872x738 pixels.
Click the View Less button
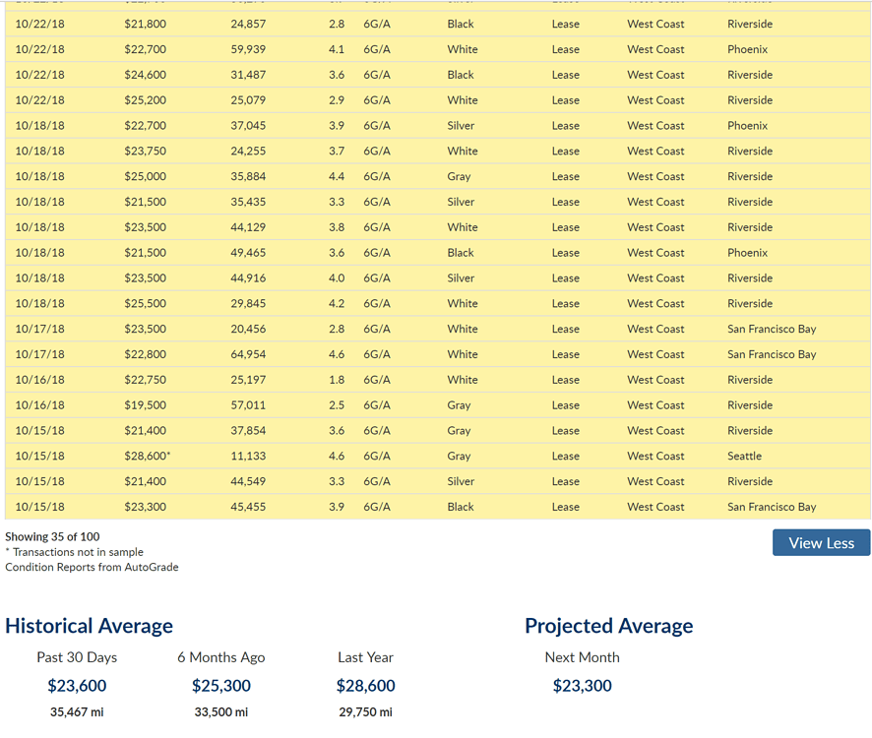click(x=821, y=542)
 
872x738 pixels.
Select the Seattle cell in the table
click(x=744, y=457)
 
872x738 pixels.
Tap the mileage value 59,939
click(x=248, y=49)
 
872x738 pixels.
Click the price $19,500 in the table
click(x=145, y=405)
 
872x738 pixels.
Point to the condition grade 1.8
click(x=337, y=380)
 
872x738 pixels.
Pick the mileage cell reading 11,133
click(x=248, y=457)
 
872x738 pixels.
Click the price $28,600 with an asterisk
click(x=147, y=457)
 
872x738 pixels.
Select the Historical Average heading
click(x=89, y=626)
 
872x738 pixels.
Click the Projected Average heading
click(x=608, y=626)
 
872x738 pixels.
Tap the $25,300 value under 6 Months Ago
click(x=220, y=686)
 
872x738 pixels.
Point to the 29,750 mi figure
click(x=365, y=712)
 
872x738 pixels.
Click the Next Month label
click(x=582, y=657)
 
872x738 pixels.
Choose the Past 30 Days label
click(x=77, y=657)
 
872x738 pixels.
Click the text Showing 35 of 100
click(x=52, y=536)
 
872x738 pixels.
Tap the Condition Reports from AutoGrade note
click(x=92, y=567)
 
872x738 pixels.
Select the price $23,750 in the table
click(x=145, y=152)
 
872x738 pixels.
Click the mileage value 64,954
click(x=248, y=354)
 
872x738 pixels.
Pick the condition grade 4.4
click(x=337, y=177)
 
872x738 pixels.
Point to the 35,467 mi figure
click(x=77, y=712)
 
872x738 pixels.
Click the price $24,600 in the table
click(x=145, y=75)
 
